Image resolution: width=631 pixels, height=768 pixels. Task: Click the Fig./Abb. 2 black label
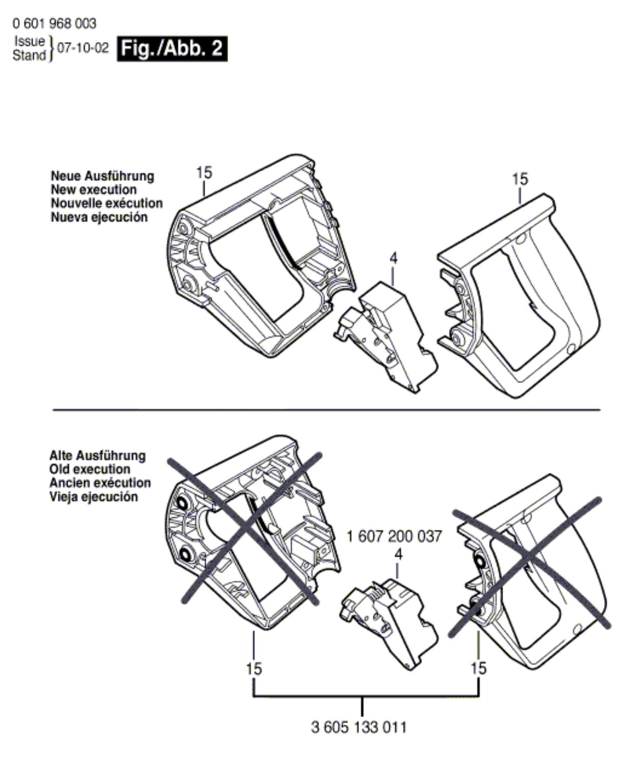pyautogui.click(x=172, y=49)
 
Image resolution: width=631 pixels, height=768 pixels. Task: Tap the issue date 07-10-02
pyautogui.click(x=83, y=48)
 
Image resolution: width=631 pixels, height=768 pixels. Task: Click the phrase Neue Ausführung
pyautogui.click(x=102, y=176)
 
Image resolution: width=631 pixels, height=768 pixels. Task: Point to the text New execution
pyautogui.click(x=94, y=190)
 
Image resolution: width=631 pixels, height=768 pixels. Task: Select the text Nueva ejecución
pyautogui.click(x=99, y=217)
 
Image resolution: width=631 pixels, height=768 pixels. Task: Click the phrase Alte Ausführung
pyautogui.click(x=97, y=456)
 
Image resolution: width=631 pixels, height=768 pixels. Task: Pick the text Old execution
pyautogui.click(x=90, y=469)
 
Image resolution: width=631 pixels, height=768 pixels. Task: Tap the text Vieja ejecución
pyautogui.click(x=93, y=497)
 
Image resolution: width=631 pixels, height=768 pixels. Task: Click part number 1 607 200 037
pyautogui.click(x=394, y=536)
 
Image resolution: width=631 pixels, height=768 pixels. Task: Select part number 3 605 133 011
pyautogui.click(x=359, y=727)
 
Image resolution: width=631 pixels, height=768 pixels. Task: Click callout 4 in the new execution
pyautogui.click(x=393, y=259)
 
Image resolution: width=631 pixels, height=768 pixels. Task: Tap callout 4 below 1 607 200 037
pyautogui.click(x=398, y=554)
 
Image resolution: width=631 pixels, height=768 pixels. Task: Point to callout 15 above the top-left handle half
pyautogui.click(x=204, y=173)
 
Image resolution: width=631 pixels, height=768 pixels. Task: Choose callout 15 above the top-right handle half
pyautogui.click(x=520, y=179)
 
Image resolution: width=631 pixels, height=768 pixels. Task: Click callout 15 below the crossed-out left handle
pyautogui.click(x=254, y=668)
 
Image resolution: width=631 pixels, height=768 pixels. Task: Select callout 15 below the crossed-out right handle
pyautogui.click(x=479, y=668)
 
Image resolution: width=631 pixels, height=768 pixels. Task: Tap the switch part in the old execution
pyautogui.click(x=390, y=621)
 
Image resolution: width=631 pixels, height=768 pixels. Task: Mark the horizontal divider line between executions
pyautogui.click(x=326, y=409)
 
